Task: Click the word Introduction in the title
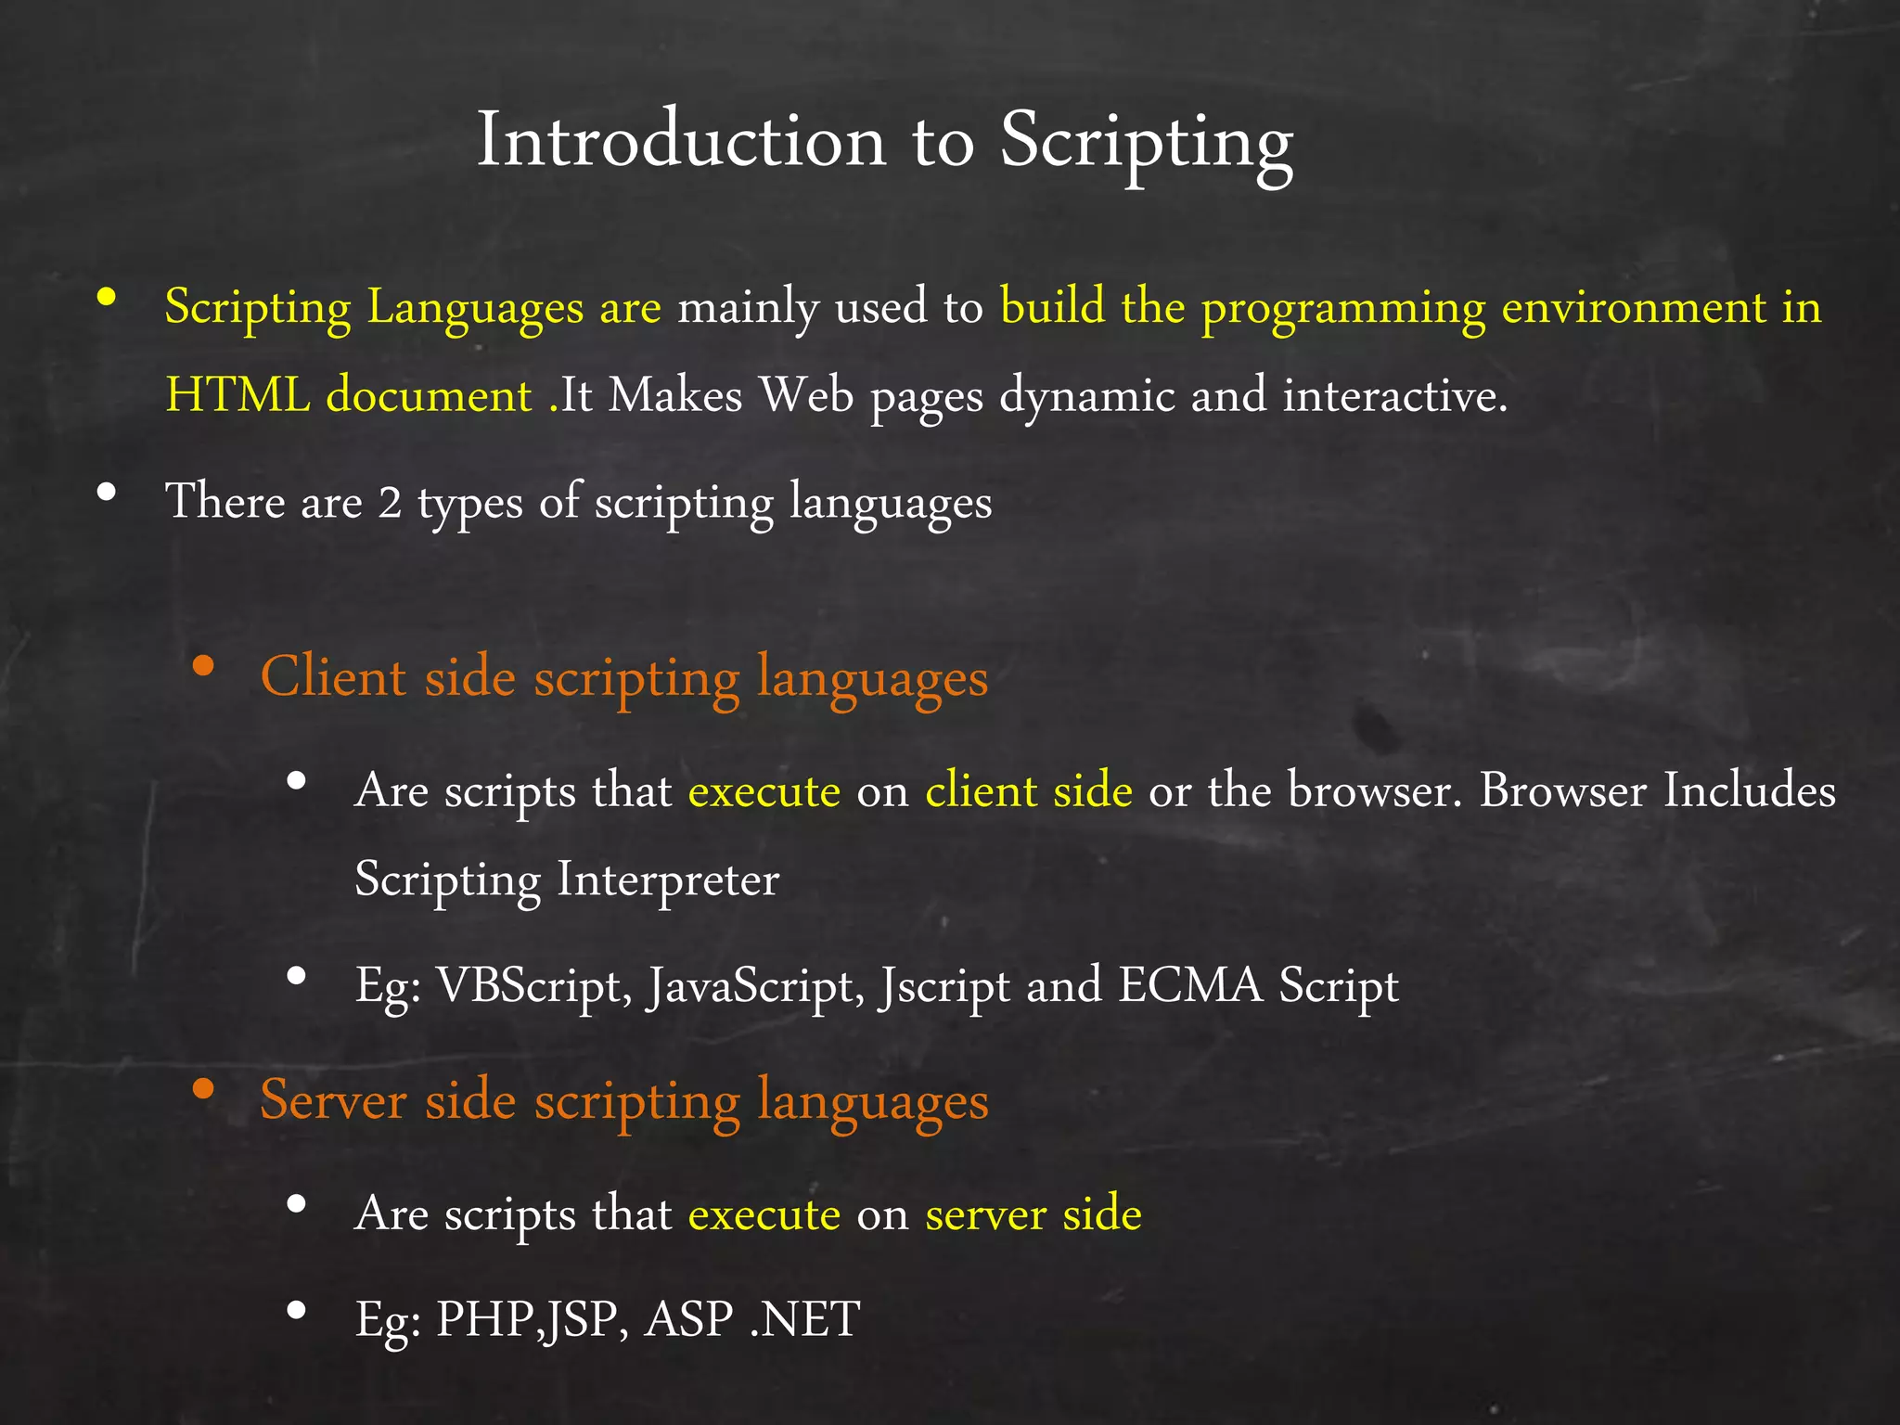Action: click(682, 142)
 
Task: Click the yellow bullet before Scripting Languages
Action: click(107, 297)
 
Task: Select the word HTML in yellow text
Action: click(237, 396)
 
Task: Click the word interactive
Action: click(1394, 396)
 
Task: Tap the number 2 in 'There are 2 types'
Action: click(390, 503)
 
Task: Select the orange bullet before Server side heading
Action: click(204, 1089)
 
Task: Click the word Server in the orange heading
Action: click(333, 1100)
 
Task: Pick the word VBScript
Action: click(533, 986)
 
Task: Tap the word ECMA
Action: click(1190, 986)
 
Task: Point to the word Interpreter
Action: click(667, 879)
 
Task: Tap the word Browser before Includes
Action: click(1562, 791)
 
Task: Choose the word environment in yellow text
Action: click(1633, 307)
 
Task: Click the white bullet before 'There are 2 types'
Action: click(107, 493)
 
